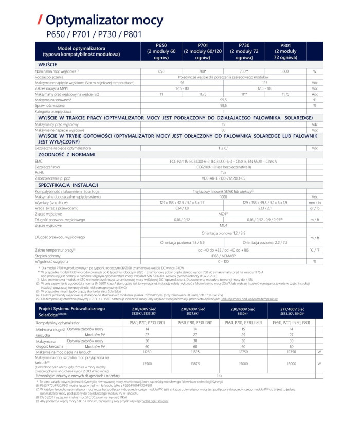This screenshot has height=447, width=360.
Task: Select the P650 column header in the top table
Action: pyautogui.click(x=161, y=52)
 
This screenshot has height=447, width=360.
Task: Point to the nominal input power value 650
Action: pyautogui.click(x=161, y=71)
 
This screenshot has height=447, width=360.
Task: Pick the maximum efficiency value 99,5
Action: pyautogui.click(x=223, y=100)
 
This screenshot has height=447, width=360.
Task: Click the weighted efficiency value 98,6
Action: pyautogui.click(x=223, y=105)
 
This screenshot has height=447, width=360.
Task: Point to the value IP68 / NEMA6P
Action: pyautogui.click(x=223, y=256)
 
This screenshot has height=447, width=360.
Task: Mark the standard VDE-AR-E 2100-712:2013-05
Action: pyautogui.click(x=223, y=178)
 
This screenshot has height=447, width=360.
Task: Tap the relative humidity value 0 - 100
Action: pyautogui.click(x=223, y=261)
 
